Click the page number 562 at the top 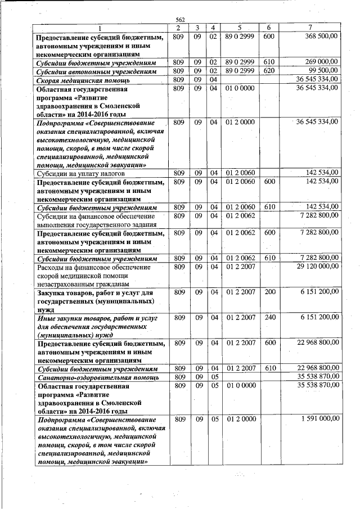(x=180, y=20)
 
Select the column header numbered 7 (x=310, y=28)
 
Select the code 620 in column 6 (x=268, y=71)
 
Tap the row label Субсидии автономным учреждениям (x=96, y=71)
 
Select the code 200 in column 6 (x=268, y=292)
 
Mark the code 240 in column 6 (x=268, y=318)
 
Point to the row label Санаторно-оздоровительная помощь (x=91, y=377)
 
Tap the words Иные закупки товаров (x=70, y=318)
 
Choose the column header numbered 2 (x=178, y=28)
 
